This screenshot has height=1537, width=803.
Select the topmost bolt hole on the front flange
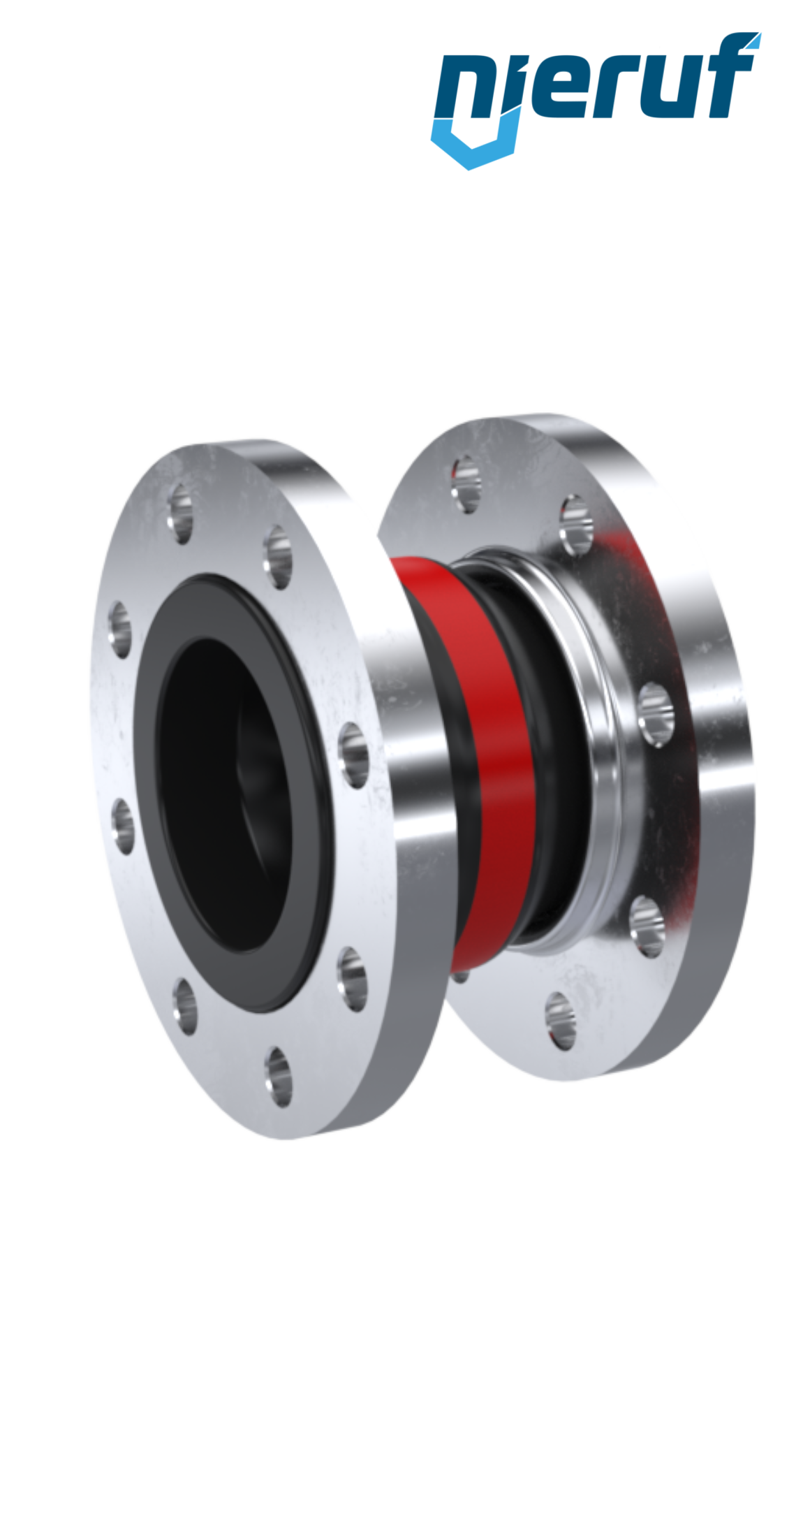coord(182,513)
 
